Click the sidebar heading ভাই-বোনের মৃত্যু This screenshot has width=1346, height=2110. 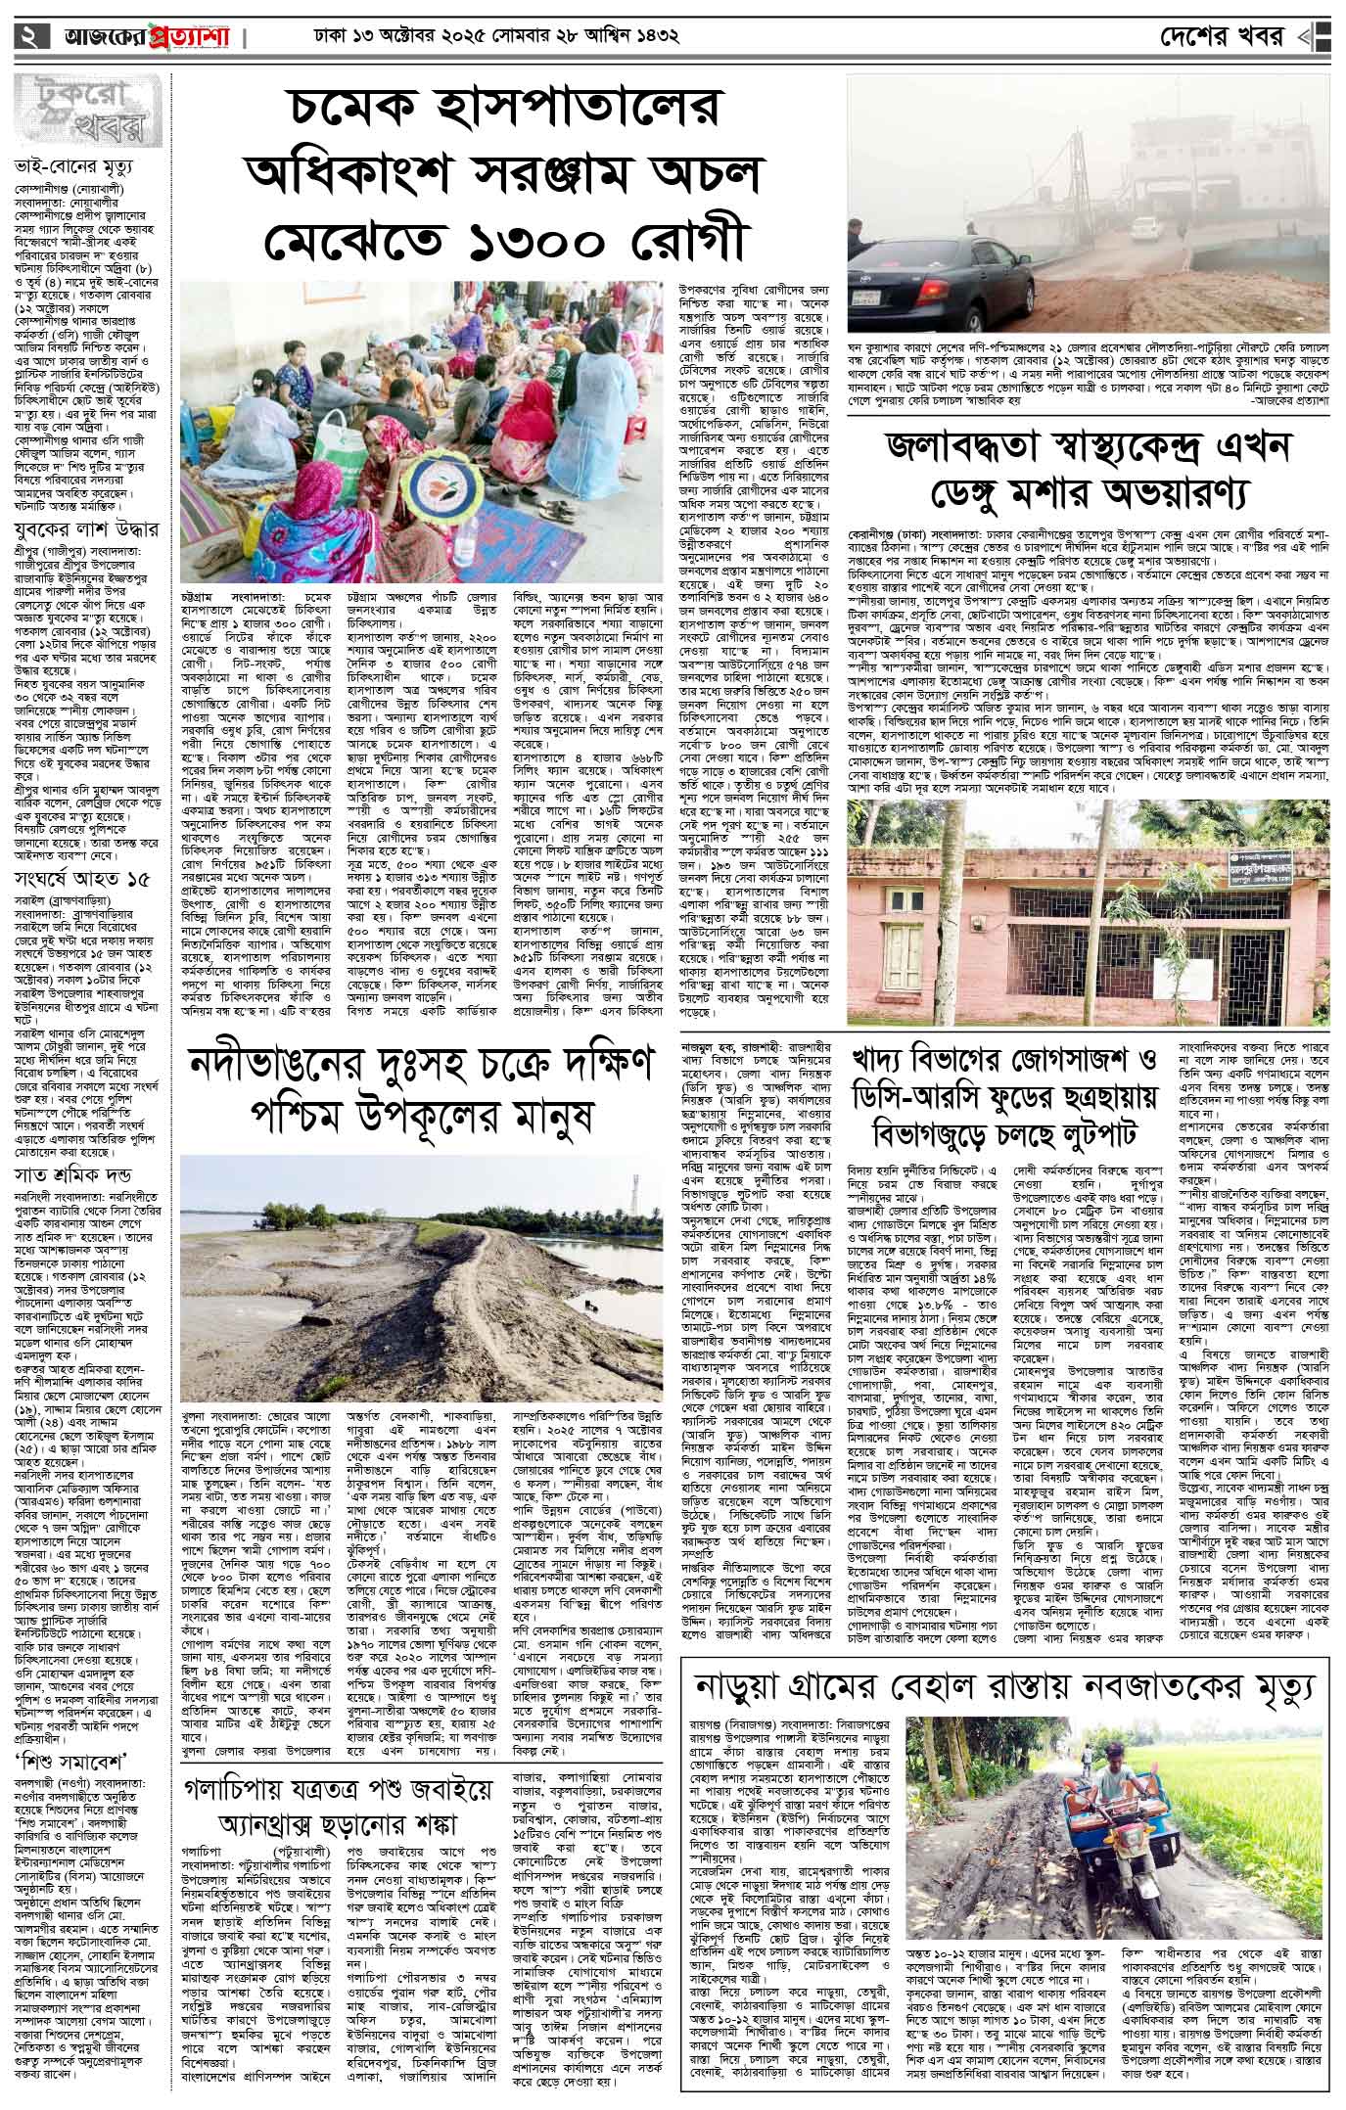(x=74, y=164)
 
